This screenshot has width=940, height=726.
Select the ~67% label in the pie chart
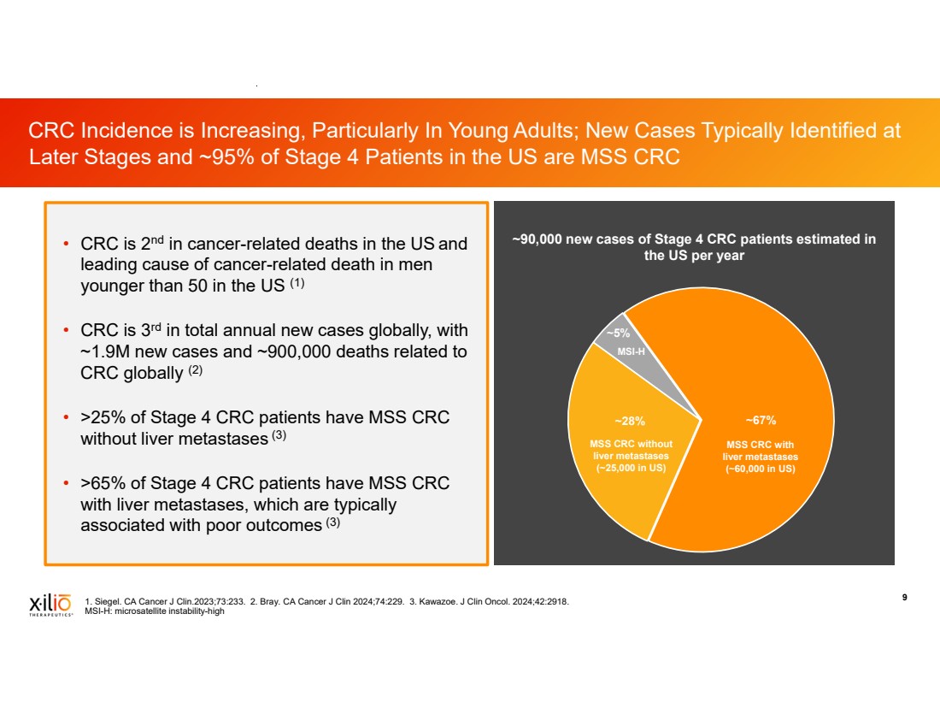click(x=760, y=420)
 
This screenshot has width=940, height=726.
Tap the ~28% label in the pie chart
click(x=631, y=421)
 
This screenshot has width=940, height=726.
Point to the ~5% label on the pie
click(x=618, y=333)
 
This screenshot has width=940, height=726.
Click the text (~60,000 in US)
click(x=761, y=469)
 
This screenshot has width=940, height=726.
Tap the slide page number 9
click(x=904, y=598)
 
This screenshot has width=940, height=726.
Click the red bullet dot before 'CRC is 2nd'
click(x=65, y=245)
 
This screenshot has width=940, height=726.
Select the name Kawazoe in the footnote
click(x=438, y=602)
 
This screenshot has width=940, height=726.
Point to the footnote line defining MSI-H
click(x=155, y=611)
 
